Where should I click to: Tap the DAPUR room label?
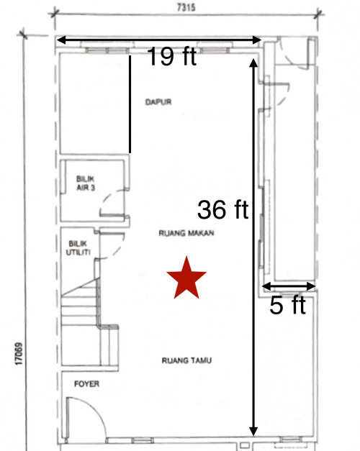pos(158,102)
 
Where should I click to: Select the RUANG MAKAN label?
pos(186,233)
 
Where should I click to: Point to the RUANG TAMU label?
pos(186,360)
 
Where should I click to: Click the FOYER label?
pos(86,383)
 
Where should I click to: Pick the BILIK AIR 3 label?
pos(86,183)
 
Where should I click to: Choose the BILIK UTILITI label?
pos(78,248)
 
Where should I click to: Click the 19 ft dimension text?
pos(172,56)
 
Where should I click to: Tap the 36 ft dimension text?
pos(222,209)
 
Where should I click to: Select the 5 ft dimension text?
pos(287,305)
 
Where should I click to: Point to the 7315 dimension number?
pos(186,7)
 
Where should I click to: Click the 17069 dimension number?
pos(19,354)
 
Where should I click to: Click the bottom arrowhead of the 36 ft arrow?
pos(253,432)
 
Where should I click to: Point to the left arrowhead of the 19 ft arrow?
pos(62,40)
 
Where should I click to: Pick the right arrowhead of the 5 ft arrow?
pos(311,286)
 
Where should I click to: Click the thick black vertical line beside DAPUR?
pos(130,104)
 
